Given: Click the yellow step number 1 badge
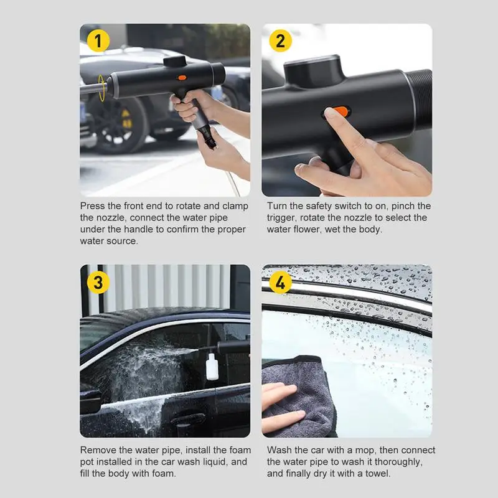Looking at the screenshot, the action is (x=98, y=40).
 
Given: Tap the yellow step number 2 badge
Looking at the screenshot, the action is (x=280, y=40).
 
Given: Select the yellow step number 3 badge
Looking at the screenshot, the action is (x=98, y=283).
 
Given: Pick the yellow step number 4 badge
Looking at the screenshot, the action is (x=280, y=283).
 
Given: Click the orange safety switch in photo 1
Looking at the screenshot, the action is (x=182, y=77).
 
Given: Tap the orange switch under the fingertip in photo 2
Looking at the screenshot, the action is (x=341, y=111).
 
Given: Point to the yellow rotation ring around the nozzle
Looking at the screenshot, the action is (x=101, y=88).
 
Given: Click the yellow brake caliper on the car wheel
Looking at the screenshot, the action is (x=126, y=119).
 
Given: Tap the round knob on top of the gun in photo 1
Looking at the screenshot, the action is (x=175, y=61).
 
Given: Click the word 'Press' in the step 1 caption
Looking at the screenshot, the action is (x=92, y=206).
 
